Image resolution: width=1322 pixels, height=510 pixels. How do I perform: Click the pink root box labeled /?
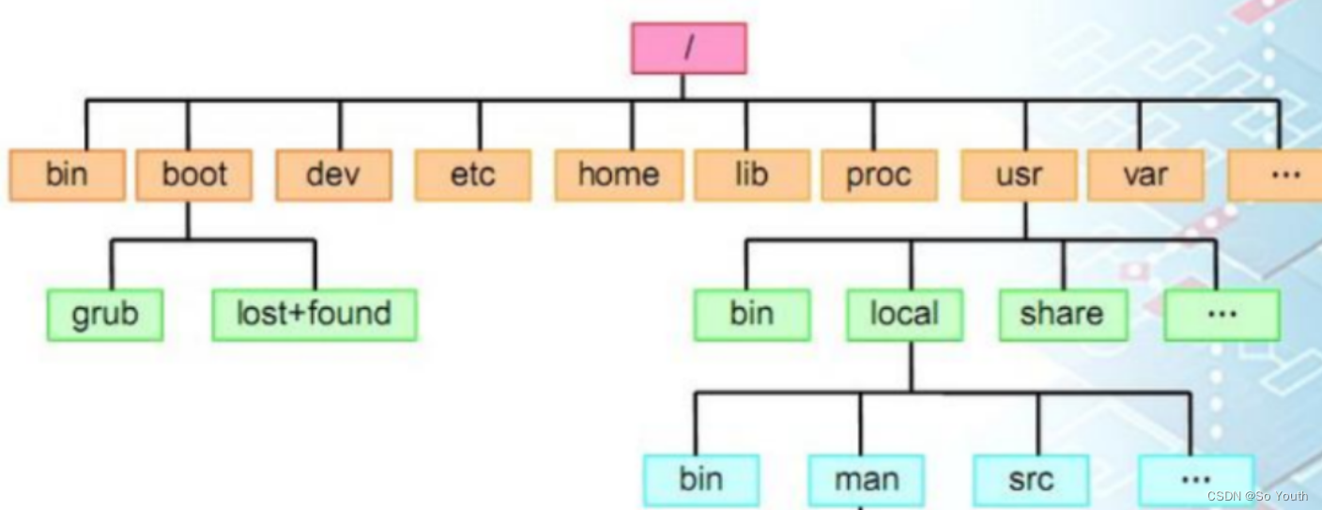[x=688, y=49]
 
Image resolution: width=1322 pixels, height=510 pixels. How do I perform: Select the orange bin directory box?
[x=67, y=175]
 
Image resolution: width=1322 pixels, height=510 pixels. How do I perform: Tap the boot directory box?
[x=193, y=175]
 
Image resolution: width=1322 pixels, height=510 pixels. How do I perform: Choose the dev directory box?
[x=333, y=175]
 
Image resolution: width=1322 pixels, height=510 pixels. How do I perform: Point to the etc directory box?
[x=472, y=175]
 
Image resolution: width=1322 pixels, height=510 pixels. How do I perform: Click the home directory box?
[x=618, y=175]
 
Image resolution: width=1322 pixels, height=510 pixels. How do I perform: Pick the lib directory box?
[x=752, y=175]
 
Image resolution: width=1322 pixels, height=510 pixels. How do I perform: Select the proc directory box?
[x=879, y=175]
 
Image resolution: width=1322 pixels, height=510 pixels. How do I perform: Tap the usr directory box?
[x=1019, y=175]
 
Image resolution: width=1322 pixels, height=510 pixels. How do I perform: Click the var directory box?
[x=1145, y=175]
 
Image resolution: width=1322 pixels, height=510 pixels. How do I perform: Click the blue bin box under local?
[x=701, y=480]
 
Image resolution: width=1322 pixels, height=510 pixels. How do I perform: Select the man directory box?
[x=866, y=480]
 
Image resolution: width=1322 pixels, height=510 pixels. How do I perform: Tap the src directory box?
[x=1031, y=480]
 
